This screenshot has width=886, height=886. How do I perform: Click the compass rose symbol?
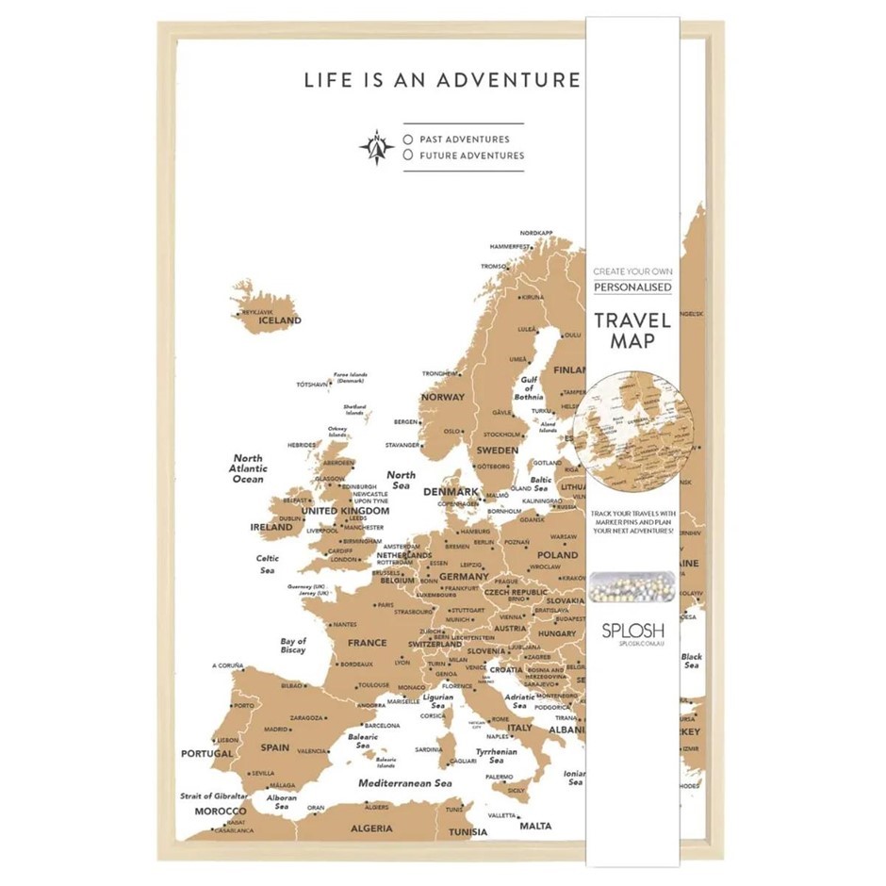pyautogui.click(x=376, y=146)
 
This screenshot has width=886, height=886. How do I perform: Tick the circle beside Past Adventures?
pyautogui.click(x=408, y=139)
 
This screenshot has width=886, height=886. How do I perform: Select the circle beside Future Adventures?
pyautogui.click(x=408, y=155)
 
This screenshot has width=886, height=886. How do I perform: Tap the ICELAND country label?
pyautogui.click(x=280, y=320)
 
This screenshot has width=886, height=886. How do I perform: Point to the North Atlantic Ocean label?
pyautogui.click(x=249, y=469)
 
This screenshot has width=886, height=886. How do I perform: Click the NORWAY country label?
pyautogui.click(x=442, y=397)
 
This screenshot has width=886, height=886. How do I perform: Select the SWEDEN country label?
pyautogui.click(x=497, y=451)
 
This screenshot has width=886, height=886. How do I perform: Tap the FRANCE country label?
pyautogui.click(x=367, y=643)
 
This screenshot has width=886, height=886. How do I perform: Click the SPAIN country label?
pyautogui.click(x=275, y=747)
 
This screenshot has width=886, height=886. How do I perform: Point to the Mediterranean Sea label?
pyautogui.click(x=405, y=783)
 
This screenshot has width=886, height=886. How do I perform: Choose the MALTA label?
pyautogui.click(x=535, y=827)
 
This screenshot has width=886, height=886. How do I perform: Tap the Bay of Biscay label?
pyautogui.click(x=293, y=646)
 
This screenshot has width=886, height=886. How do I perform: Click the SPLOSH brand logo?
pyautogui.click(x=632, y=630)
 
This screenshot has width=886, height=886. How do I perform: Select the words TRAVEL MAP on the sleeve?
pyautogui.click(x=632, y=330)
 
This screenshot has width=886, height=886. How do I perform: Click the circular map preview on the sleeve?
pyautogui.click(x=632, y=426)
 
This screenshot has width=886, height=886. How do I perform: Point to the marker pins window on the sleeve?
pyautogui.click(x=632, y=586)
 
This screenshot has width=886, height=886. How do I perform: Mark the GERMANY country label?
pyautogui.click(x=464, y=576)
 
